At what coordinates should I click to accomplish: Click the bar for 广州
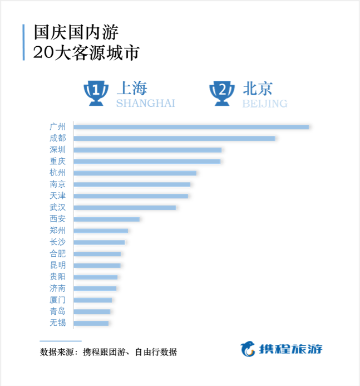[191, 127]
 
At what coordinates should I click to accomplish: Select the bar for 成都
[174, 138]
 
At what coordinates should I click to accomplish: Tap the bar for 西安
[107, 219]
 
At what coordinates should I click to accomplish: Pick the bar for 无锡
[91, 323]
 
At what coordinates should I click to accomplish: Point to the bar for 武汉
[125, 208]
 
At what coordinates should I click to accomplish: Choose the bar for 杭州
[135, 173]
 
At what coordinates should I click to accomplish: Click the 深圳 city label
[57, 150]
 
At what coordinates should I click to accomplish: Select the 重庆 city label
[57, 161]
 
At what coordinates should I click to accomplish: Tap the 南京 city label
[57, 184]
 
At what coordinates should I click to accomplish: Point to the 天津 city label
[57, 196]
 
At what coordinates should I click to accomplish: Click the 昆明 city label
[57, 265]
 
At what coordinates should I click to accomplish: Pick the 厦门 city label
[57, 300]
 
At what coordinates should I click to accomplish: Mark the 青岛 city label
[57, 311]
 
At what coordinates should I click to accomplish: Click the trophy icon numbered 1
[96, 93]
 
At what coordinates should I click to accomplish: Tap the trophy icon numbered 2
[222, 93]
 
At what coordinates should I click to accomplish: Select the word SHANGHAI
[146, 104]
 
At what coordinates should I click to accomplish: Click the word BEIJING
[265, 104]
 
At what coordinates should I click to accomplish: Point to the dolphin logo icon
[248, 349]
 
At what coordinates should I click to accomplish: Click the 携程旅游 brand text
[290, 349]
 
